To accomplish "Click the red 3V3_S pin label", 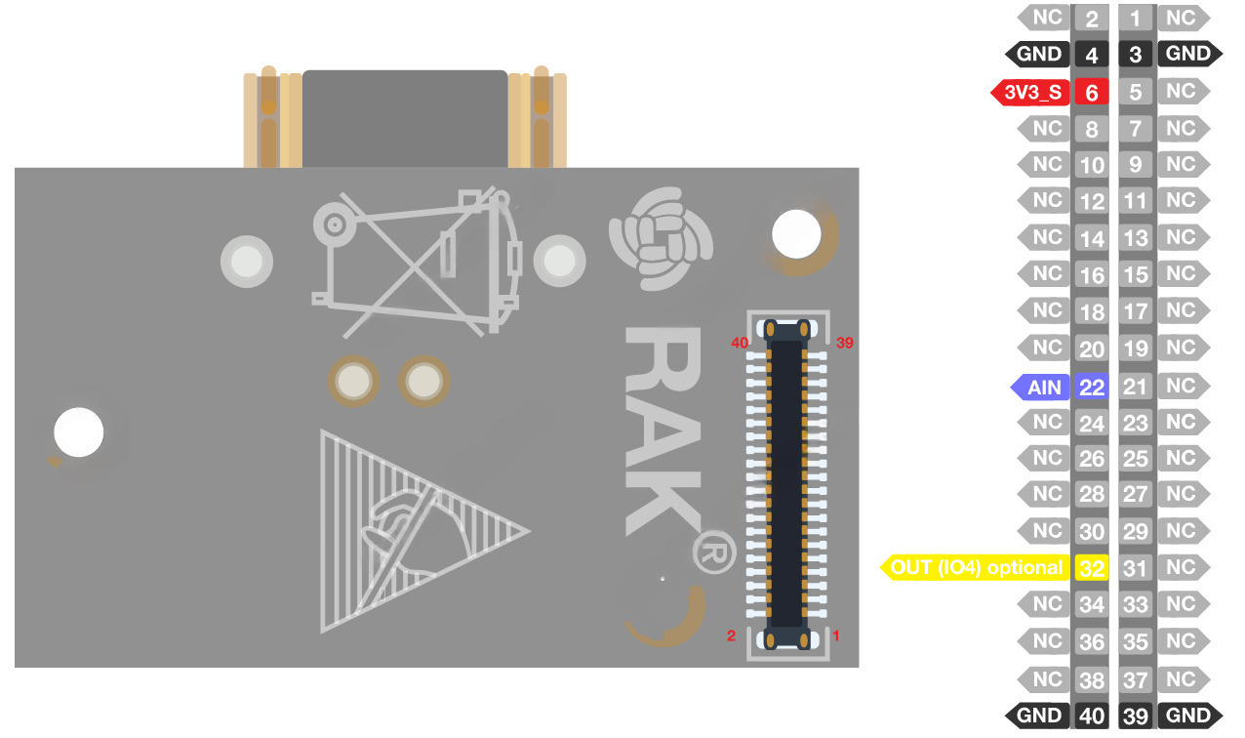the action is (x=1031, y=93).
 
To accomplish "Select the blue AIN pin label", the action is (x=1040, y=388).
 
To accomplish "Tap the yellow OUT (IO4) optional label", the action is (x=976, y=568).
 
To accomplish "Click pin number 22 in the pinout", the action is (x=1092, y=388).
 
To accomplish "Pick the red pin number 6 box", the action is (x=1092, y=93).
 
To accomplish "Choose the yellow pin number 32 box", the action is (x=1092, y=568).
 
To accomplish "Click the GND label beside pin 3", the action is (x=1190, y=54).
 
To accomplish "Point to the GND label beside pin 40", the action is (x=1038, y=716).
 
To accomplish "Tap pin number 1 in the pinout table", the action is (x=1135, y=19).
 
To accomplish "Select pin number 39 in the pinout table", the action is (x=1135, y=716).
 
